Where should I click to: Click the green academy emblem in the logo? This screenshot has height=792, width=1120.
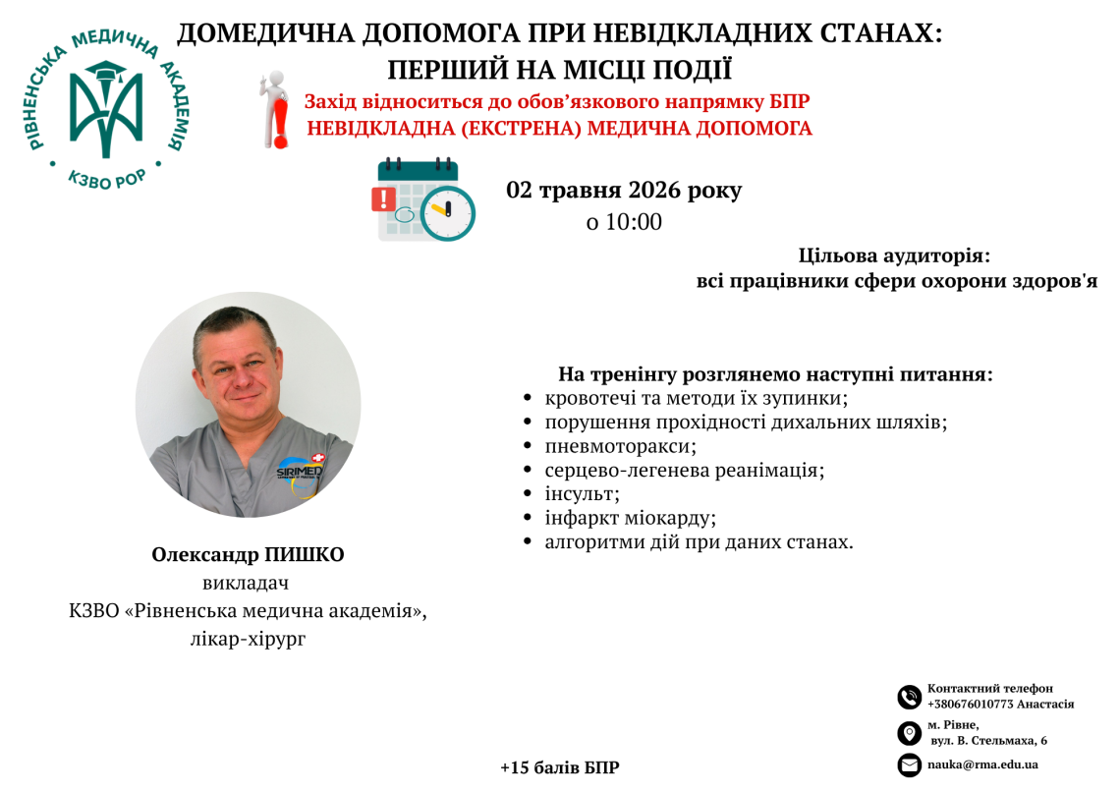(x=106, y=108)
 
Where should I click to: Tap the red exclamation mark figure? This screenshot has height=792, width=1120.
(x=275, y=110)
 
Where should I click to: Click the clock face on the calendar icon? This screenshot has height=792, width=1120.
(x=448, y=213)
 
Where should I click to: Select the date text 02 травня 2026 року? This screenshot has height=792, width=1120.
(x=624, y=190)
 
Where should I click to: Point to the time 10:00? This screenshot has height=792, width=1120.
(x=634, y=222)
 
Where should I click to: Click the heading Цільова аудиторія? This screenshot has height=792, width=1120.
(x=894, y=255)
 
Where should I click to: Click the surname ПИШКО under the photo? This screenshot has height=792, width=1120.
(x=305, y=555)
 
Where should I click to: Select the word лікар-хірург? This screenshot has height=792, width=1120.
(x=248, y=639)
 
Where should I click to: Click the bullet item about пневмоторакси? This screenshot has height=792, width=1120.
(x=620, y=446)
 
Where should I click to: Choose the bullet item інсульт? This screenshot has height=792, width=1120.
(x=582, y=493)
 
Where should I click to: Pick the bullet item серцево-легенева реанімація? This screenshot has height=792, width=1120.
(x=685, y=470)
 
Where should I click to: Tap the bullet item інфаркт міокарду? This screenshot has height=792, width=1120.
(x=630, y=518)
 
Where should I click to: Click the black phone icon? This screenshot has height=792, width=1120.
(x=910, y=697)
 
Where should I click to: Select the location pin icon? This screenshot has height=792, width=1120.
(x=910, y=733)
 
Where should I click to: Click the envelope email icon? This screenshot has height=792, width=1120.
(x=910, y=764)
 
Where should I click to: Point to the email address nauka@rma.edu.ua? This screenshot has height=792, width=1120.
(x=982, y=764)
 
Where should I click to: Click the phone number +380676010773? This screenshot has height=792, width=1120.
(x=970, y=705)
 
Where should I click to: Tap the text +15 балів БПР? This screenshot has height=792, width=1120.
(x=560, y=767)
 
